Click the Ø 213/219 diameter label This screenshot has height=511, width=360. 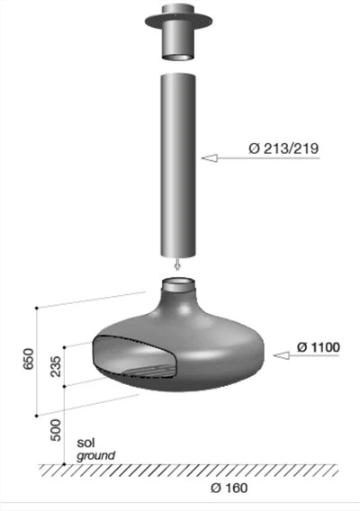[x=283, y=148]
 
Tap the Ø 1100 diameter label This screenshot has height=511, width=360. [x=319, y=347]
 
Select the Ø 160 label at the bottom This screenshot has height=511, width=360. [x=229, y=488]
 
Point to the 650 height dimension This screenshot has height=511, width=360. [x=29, y=359]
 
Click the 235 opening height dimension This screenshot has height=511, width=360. [x=56, y=366]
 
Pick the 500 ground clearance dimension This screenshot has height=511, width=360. [x=56, y=430]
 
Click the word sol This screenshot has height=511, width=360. [x=85, y=443]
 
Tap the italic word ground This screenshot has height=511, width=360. [x=96, y=455]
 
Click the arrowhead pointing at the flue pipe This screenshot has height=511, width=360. [x=210, y=158]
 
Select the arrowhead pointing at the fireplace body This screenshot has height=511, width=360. [x=282, y=355]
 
